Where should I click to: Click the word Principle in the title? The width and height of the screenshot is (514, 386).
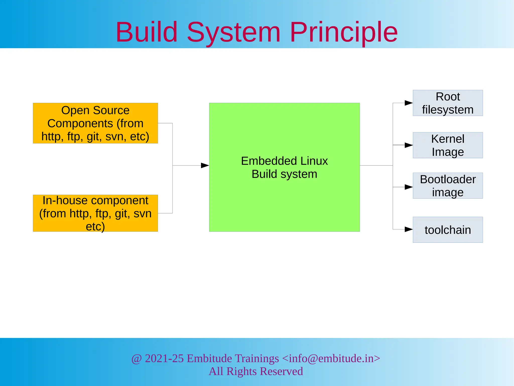tap(344, 32)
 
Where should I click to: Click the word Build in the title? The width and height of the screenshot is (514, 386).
tap(147, 32)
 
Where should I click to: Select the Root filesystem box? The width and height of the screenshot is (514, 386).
tap(447, 103)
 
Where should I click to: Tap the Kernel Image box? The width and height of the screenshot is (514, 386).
tap(447, 145)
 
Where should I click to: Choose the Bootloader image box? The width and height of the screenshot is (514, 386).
tap(447, 186)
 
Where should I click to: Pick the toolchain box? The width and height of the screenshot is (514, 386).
tap(447, 230)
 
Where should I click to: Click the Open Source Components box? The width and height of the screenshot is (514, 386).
tap(95, 123)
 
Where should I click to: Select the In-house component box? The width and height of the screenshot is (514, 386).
tap(95, 213)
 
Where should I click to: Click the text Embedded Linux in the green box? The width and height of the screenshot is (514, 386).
tap(284, 161)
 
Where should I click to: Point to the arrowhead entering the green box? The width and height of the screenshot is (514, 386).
tap(205, 165)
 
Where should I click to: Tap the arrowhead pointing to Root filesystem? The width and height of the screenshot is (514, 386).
tap(409, 103)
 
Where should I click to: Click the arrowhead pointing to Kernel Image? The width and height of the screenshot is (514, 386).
tap(409, 145)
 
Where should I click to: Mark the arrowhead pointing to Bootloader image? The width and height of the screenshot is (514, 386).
tap(409, 187)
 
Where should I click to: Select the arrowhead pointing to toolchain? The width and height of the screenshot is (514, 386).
tap(409, 229)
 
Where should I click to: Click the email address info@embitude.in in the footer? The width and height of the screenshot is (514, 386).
tap(331, 358)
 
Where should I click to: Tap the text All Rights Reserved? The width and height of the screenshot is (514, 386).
tap(256, 371)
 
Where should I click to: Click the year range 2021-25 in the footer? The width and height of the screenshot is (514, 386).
tap(164, 358)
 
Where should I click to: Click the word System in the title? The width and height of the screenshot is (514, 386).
tap(233, 32)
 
